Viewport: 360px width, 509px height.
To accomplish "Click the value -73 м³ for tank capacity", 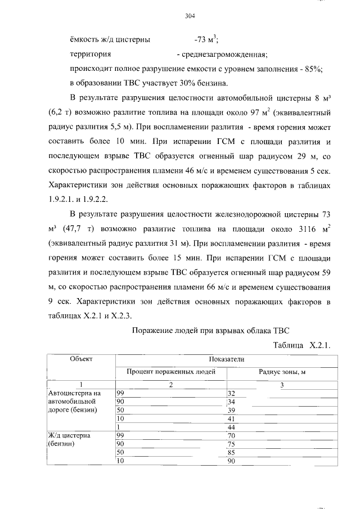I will pyautogui.click(x=206, y=39).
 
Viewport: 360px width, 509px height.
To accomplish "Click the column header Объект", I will pyautogui.click(x=81, y=359).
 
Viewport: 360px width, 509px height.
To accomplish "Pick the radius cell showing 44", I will pyautogui.click(x=231, y=427).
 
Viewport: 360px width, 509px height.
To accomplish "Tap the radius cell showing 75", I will pyautogui.click(x=231, y=443).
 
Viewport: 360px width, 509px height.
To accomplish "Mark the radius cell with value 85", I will pyautogui.click(x=231, y=452).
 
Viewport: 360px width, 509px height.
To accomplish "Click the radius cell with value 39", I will pyautogui.click(x=231, y=411).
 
